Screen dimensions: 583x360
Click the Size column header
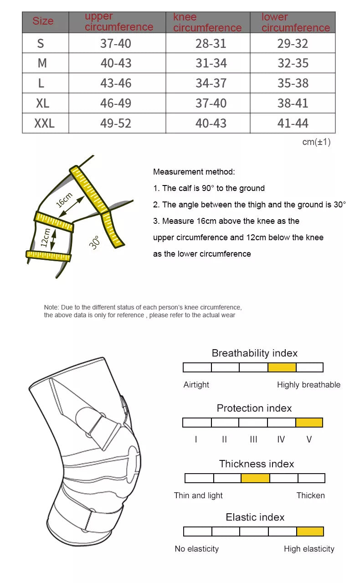coord(43,21)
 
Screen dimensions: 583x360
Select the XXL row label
coord(44,123)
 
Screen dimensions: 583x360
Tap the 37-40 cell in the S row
coord(116,44)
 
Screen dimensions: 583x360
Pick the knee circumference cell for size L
coord(211,83)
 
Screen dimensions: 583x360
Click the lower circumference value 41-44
coord(293,123)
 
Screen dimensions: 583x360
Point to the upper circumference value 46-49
coord(116,103)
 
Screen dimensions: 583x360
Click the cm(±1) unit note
coord(316,142)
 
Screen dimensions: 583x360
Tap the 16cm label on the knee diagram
coord(64,200)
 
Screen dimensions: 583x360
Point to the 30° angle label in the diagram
coord(94,242)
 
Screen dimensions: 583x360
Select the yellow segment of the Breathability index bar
coord(282,367)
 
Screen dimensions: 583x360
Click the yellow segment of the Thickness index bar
coord(255,478)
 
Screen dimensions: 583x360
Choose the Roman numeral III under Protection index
coord(253,439)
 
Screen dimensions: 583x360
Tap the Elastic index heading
coord(255,517)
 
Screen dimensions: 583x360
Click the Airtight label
coord(196,385)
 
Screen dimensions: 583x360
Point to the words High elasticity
coord(309,549)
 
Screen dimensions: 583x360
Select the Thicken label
coord(310,495)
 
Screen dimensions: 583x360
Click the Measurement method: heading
coord(194,172)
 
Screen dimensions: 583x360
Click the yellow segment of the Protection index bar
coord(309,423)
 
